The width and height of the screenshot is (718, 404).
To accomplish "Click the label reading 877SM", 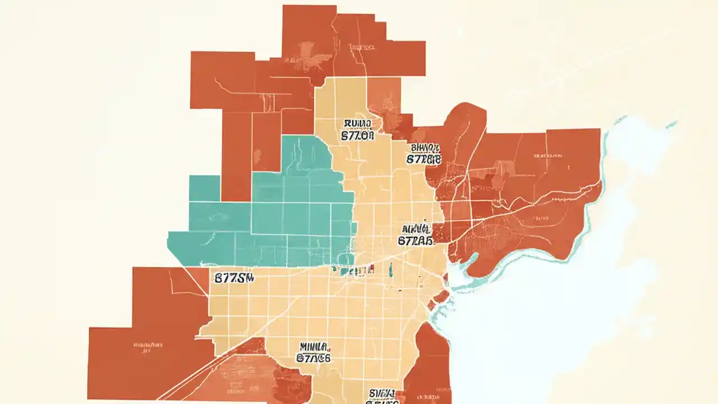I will (234, 277).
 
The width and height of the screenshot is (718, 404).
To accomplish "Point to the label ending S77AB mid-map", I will (416, 235).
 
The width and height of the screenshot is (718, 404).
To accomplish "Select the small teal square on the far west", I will (204, 188).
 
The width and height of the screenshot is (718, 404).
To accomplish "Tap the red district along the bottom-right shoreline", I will (432, 365).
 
